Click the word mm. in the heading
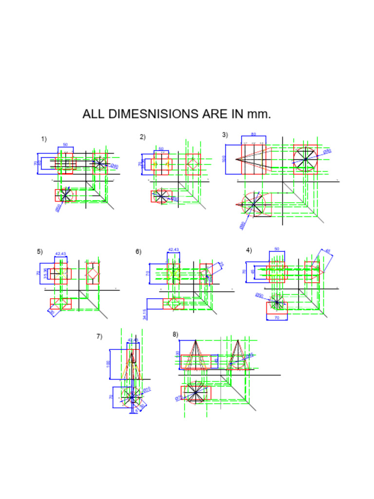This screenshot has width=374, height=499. coord(259,115)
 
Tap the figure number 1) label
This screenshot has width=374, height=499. coord(44,139)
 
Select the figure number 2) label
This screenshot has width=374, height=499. coord(143,137)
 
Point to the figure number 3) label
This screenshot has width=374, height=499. coord(225,135)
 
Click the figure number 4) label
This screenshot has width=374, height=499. coord(249,250)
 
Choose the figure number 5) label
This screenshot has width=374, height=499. coord(40,252)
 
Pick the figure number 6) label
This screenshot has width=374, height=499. coord(138,252)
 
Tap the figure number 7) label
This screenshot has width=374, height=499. coord(99,336)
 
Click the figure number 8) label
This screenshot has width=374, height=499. coord(175,334)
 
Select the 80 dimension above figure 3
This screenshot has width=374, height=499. coord(254,134)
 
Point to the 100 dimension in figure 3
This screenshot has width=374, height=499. coord(224,159)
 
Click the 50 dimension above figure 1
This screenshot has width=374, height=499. coord(65,145)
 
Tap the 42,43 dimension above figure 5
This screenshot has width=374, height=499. coord(60,254)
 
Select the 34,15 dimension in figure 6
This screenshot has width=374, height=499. coord(145,314)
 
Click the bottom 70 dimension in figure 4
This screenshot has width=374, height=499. coord(277,318)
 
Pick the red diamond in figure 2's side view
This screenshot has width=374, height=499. coord(193,164)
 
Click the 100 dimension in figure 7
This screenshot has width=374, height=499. coord(108,364)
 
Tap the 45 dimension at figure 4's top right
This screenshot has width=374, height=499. coord(328,251)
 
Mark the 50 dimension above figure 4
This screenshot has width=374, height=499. coord(277,249)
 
